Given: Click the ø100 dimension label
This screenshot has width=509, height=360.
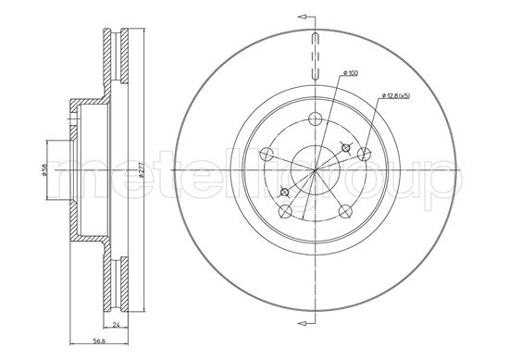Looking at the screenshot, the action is click(x=351, y=73).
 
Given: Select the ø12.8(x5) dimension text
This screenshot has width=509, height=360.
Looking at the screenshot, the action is click(x=396, y=95).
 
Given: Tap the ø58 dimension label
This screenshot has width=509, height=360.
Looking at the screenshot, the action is click(x=44, y=169).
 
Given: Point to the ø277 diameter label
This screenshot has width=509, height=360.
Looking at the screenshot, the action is click(x=141, y=170).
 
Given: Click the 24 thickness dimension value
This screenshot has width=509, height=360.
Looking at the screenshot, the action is click(x=116, y=324).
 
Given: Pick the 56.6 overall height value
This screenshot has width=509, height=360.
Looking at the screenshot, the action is click(x=99, y=341).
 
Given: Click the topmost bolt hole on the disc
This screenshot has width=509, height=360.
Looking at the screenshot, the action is click(x=315, y=118).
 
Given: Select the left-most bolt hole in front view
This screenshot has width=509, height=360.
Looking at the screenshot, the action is click(x=267, y=155).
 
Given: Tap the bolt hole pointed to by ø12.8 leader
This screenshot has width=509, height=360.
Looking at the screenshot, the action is click(x=364, y=155).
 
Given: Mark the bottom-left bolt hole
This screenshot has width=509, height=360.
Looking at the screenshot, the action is click(x=285, y=211).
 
